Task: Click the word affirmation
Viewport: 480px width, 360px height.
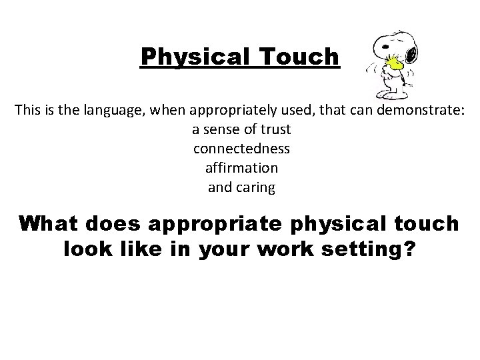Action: click(242, 167)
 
